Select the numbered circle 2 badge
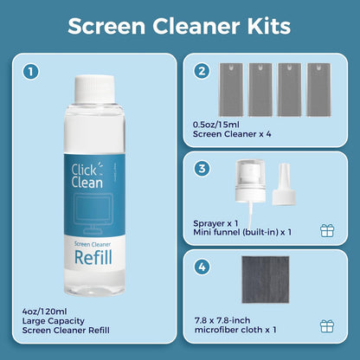(202, 71)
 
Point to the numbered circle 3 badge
(202, 169)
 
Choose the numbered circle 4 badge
(202, 267)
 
